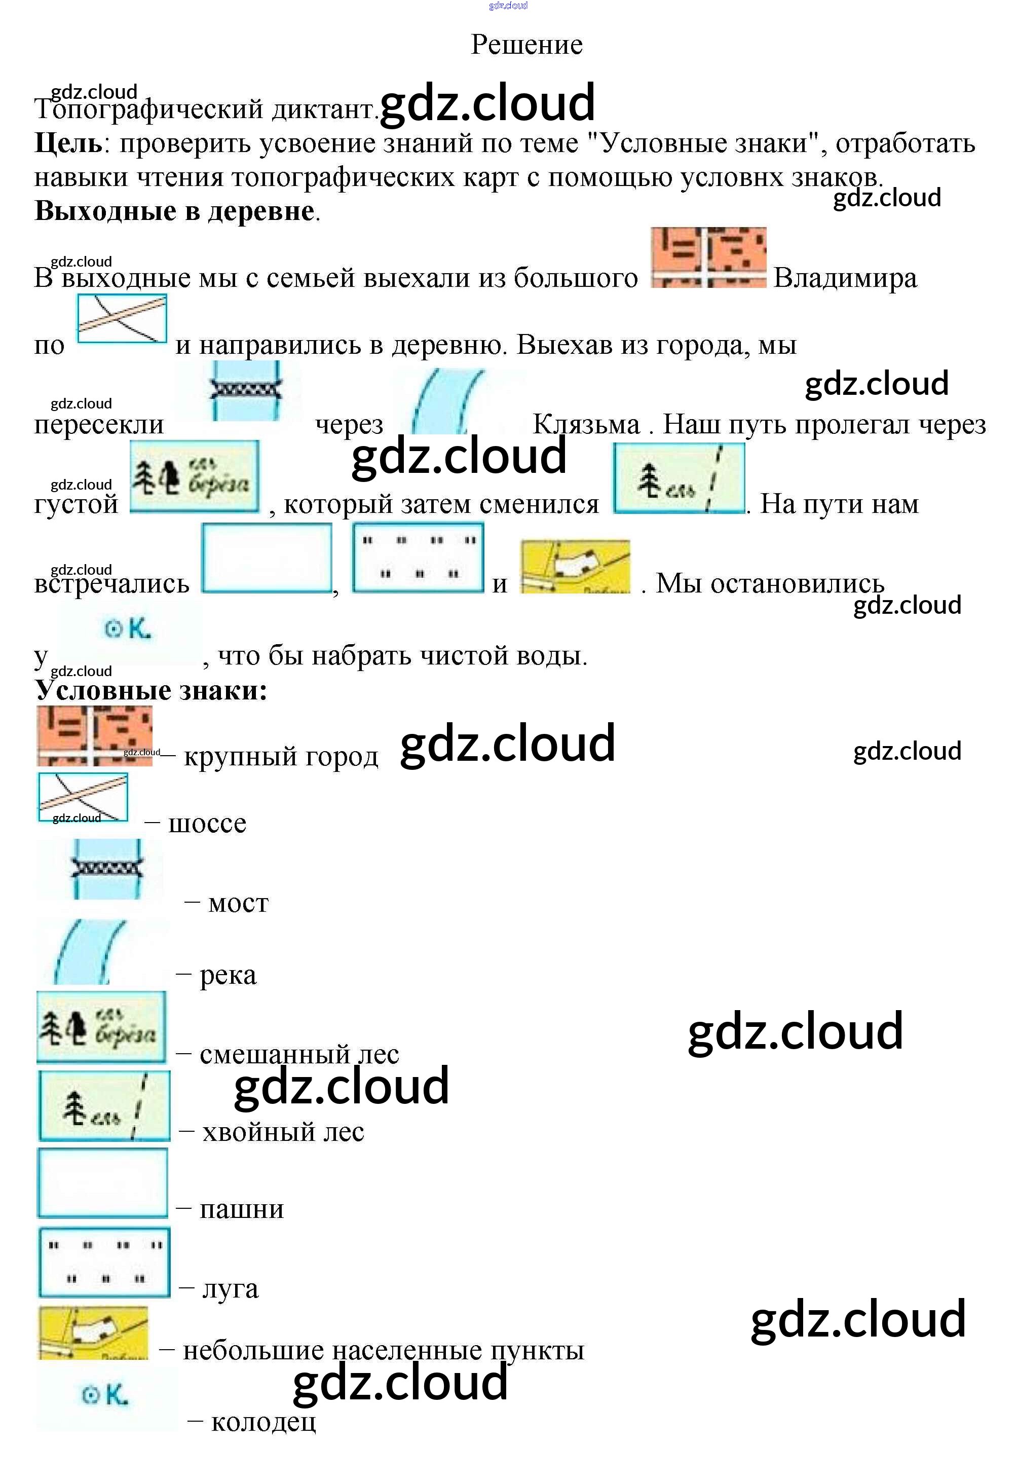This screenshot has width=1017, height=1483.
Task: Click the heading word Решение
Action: [x=526, y=45]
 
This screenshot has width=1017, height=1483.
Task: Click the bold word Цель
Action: [x=67, y=143]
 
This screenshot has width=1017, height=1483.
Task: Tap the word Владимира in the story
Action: [x=845, y=278]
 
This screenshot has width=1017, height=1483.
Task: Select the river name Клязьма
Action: [x=586, y=424]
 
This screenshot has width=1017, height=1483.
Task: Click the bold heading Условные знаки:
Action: [x=150, y=690]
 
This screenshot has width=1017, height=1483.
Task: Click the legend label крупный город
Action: [x=281, y=756]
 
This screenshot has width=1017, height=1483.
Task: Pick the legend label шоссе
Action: [x=207, y=823]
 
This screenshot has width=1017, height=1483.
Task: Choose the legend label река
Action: [x=228, y=975]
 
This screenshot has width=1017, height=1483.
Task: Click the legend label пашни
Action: [x=241, y=1209]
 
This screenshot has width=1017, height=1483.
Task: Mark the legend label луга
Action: [x=231, y=1288]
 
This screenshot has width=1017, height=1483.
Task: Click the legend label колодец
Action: [x=263, y=1422]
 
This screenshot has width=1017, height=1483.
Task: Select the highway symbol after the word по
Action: [x=122, y=318]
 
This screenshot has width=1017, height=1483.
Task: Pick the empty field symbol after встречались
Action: [x=267, y=559]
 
